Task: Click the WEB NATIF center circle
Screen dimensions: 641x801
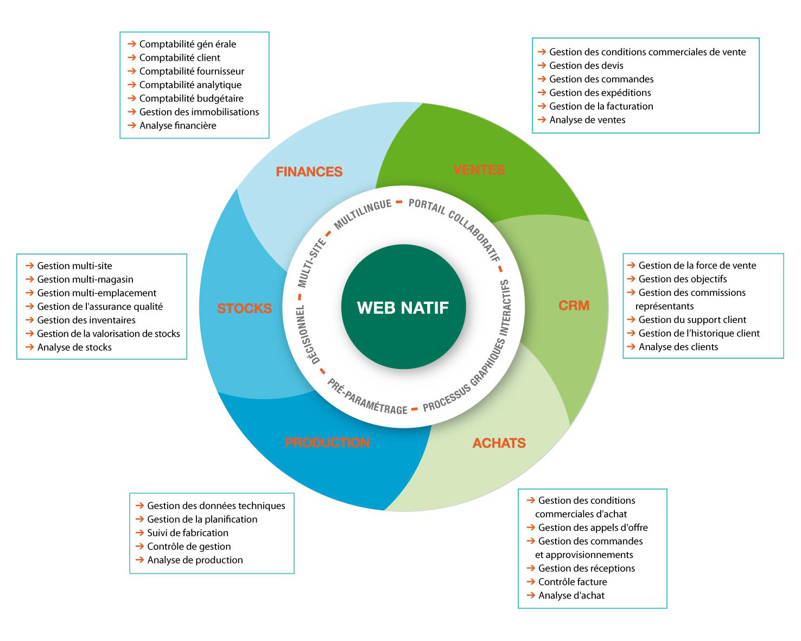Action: tap(403, 307)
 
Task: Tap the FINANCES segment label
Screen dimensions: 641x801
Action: tap(309, 172)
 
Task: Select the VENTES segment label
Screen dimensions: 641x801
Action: tap(479, 170)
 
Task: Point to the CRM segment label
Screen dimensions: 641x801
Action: tap(574, 306)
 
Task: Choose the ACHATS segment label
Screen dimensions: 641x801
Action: tap(499, 443)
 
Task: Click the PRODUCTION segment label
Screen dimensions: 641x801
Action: tap(327, 442)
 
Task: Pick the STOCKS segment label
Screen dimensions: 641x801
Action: tap(244, 308)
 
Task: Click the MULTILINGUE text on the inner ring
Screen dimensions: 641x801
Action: tap(363, 214)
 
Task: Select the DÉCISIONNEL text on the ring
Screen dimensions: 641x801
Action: tap(308, 334)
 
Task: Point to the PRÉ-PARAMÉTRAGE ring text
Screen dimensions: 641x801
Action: tap(367, 398)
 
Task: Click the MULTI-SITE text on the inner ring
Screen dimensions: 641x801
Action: tap(311, 263)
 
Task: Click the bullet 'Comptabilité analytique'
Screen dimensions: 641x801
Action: tap(190, 85)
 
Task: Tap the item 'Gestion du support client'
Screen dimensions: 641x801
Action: tap(692, 320)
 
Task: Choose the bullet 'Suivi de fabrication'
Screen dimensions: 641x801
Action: tap(188, 533)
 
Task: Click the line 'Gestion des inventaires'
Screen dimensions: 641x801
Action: tap(86, 320)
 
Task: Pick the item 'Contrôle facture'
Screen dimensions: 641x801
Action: tap(573, 582)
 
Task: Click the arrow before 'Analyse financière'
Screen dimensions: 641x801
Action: tap(131, 125)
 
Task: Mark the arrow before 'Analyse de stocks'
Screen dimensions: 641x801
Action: tap(29, 347)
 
